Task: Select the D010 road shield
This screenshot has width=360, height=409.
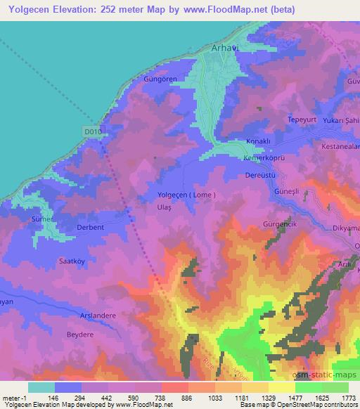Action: [91, 131]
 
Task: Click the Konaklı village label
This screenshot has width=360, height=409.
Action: [258, 141]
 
